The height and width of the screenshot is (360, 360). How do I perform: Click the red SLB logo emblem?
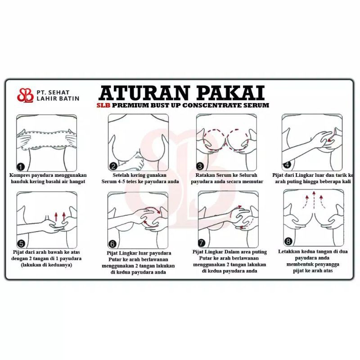pos(25,95)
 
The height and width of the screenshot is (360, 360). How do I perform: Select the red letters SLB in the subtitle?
pos(103,105)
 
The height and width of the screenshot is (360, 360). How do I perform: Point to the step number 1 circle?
pos(21,166)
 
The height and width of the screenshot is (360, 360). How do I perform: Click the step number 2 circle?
pos(113,166)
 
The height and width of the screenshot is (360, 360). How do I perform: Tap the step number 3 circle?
pos(200,166)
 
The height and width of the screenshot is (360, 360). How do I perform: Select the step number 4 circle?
pos(287,164)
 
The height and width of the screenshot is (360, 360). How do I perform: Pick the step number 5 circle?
pos(21,243)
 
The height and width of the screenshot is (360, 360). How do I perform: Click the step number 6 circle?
pos(112,244)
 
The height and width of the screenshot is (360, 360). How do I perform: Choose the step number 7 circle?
pos(202,243)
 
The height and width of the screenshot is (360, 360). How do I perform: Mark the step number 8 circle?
pos(288,241)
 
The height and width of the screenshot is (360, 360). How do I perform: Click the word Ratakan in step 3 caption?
pos(205,175)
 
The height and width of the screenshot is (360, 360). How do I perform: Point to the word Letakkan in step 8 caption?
pos(288,252)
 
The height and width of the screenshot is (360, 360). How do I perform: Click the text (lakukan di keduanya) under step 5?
pos(46,265)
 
